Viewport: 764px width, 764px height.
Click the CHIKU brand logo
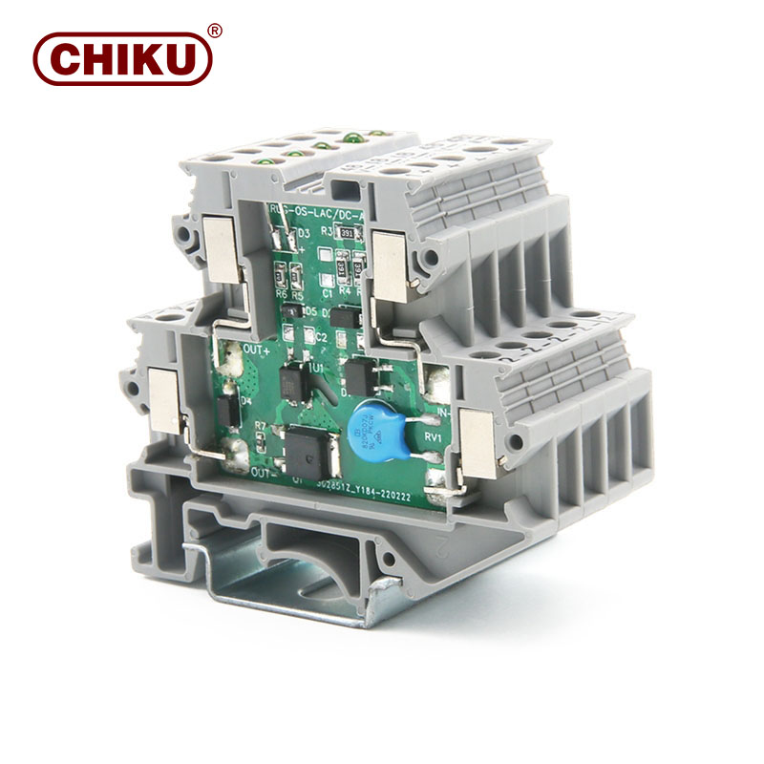click(121, 58)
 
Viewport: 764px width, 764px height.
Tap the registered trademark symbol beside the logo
click(215, 31)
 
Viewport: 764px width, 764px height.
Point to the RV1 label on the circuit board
click(431, 437)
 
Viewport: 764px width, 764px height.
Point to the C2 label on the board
click(322, 337)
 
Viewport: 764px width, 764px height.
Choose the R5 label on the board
click(297, 295)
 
